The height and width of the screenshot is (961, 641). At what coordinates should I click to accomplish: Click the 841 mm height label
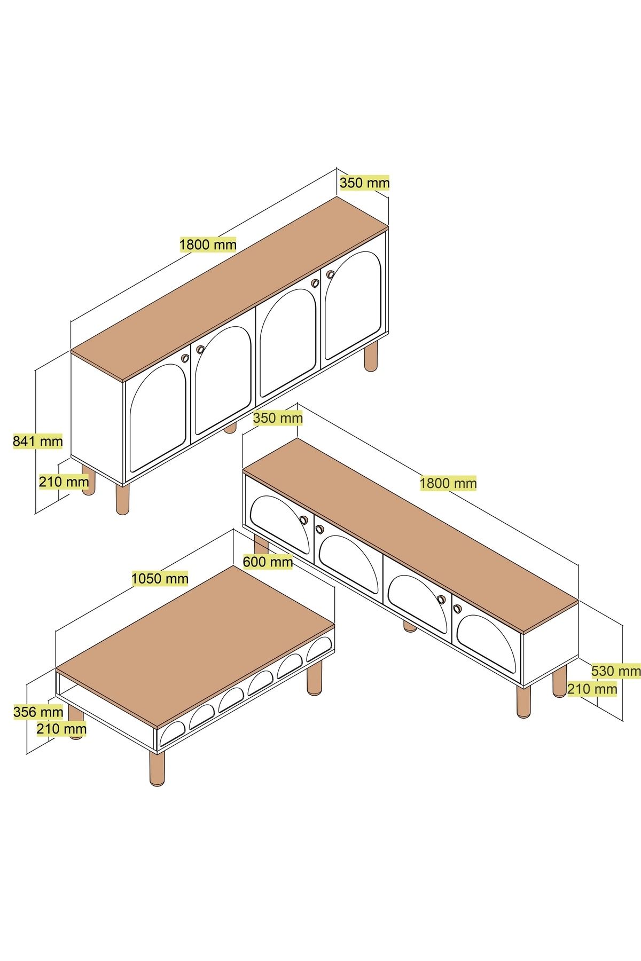point(38,441)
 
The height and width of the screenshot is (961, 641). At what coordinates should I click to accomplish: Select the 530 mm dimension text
point(616,671)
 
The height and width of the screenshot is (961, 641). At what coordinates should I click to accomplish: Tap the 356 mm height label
point(38,712)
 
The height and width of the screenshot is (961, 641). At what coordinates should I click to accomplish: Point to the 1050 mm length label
point(160,578)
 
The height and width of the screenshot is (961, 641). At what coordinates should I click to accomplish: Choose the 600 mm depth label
point(268,562)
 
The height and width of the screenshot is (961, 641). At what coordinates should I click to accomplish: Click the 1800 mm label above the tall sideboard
point(208,245)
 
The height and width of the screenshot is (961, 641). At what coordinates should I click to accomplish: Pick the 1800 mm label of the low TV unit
point(448,483)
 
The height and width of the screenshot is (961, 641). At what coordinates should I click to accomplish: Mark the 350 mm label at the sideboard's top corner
point(365,183)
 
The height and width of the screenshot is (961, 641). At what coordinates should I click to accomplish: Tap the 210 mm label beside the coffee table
point(61,728)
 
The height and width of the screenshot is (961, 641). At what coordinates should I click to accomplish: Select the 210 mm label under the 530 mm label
point(592,689)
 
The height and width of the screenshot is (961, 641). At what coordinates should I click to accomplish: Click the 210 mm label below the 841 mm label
point(64,482)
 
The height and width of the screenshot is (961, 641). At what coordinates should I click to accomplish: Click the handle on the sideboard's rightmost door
point(330,274)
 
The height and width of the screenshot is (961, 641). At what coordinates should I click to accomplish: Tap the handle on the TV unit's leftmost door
point(303,519)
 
